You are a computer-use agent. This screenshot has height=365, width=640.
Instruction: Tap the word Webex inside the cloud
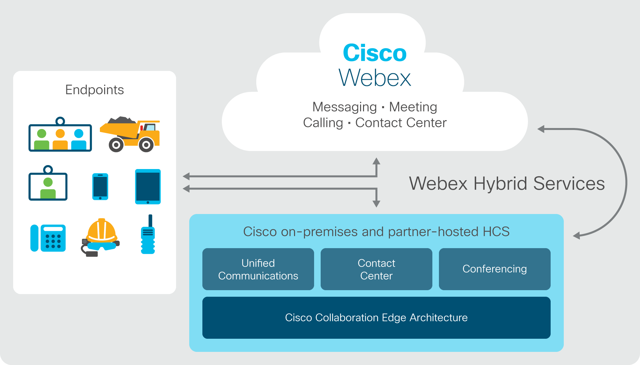[375, 78]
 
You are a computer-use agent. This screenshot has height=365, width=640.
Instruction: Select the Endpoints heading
[95, 90]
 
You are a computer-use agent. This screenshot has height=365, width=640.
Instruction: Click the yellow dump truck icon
[130, 134]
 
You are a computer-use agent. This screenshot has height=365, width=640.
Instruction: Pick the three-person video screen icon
[60, 135]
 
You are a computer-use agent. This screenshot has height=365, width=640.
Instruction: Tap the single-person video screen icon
[48, 183]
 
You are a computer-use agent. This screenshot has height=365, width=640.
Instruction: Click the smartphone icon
[100, 186]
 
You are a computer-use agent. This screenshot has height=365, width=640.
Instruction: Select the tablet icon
[148, 186]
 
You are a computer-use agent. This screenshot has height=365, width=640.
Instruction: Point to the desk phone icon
[48, 238]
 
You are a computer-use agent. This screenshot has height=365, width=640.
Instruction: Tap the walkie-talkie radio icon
[148, 234]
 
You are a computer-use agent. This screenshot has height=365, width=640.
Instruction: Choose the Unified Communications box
[258, 269]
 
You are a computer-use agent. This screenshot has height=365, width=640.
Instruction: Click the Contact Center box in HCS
[377, 269]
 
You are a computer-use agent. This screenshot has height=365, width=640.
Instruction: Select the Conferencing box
[495, 269]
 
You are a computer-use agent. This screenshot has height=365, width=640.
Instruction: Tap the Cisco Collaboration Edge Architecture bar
[377, 318]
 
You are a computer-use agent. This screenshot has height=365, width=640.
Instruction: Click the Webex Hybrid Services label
[507, 183]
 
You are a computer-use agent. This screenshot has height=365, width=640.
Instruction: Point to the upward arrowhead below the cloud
[377, 161]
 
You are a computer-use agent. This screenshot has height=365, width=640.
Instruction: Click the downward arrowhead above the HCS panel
[377, 204]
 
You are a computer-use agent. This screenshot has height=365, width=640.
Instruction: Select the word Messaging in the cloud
[345, 107]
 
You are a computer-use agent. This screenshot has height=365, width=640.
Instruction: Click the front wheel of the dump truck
[146, 145]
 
